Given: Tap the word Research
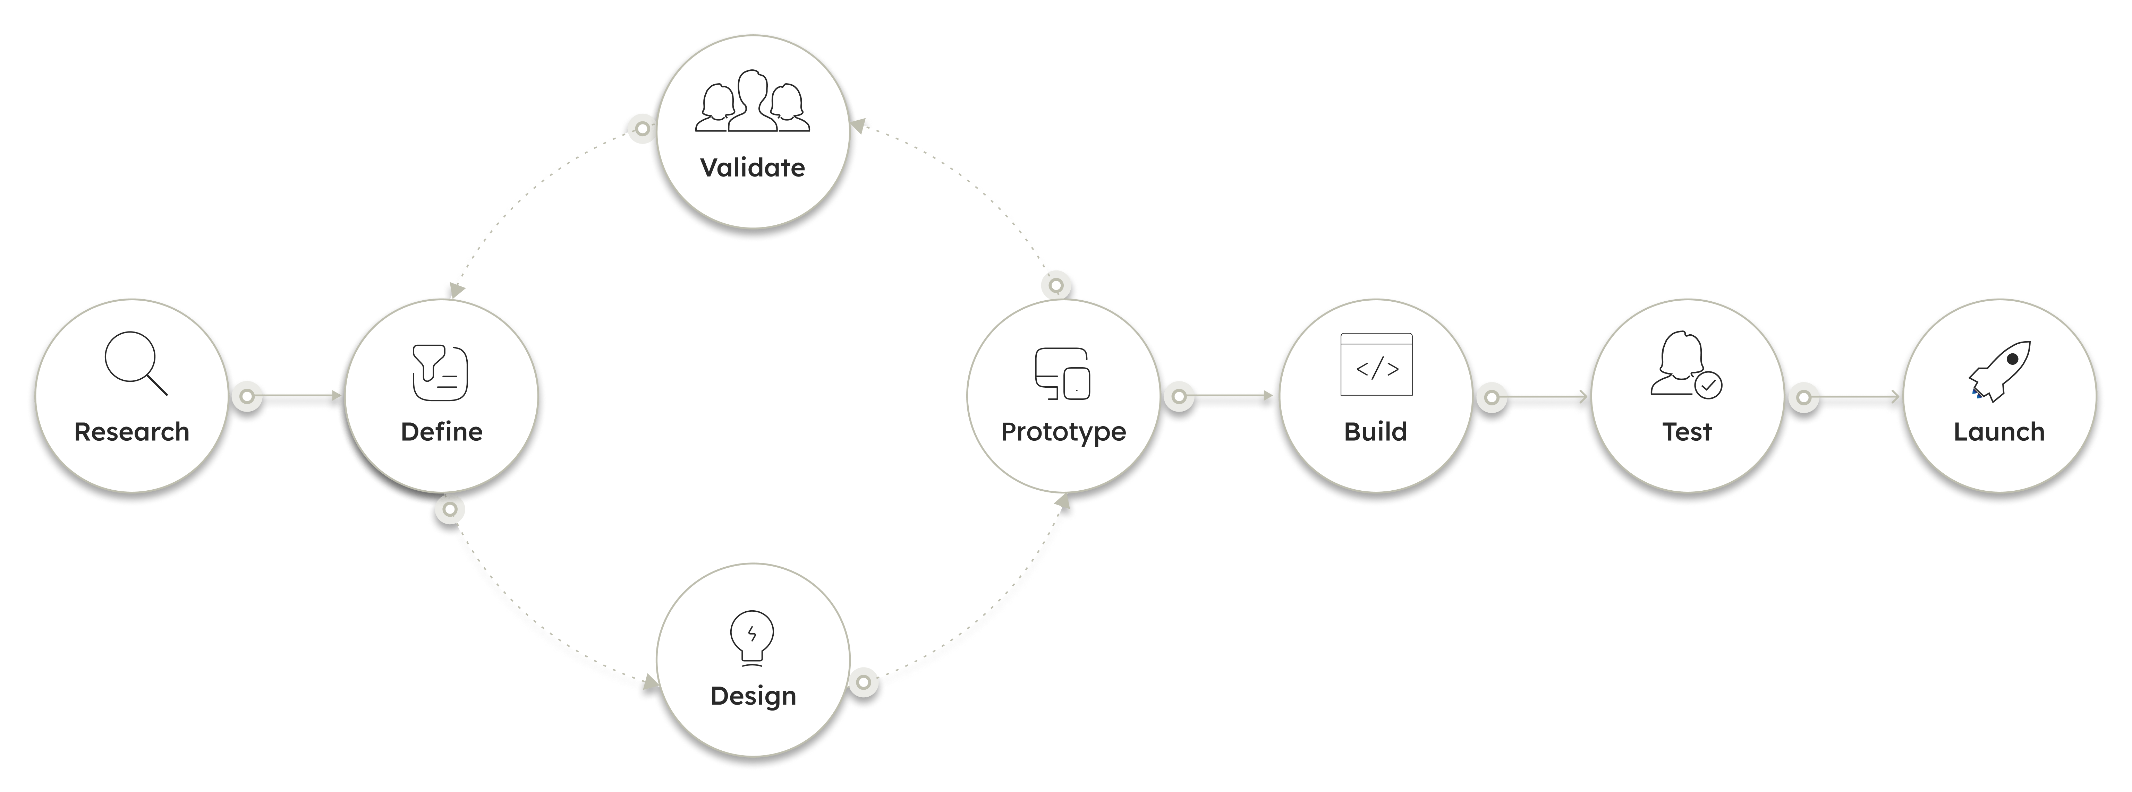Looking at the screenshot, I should point(131,432).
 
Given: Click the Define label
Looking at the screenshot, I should point(441,432).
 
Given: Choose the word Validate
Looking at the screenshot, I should point(752,168).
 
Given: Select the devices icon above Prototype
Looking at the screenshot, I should point(1063,374).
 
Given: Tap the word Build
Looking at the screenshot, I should point(1376,432).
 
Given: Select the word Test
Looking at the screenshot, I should point(1687,432).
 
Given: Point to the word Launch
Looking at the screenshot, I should point(1999,432).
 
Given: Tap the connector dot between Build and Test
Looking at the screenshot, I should point(1492,397).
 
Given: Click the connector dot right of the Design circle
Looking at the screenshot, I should point(863,683).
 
